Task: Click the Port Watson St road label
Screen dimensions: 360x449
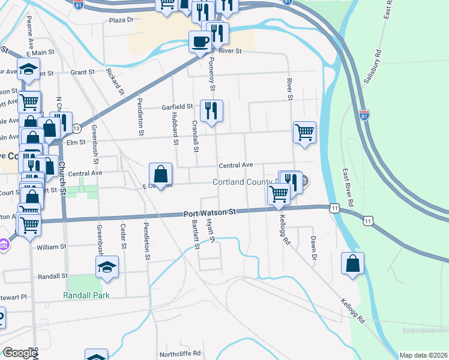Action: click(211, 212)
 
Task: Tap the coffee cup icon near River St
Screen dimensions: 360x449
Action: click(200, 42)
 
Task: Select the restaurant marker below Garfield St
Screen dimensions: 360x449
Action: click(211, 111)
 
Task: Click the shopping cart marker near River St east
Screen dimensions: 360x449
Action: click(305, 132)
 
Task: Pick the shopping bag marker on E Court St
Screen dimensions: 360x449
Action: click(161, 175)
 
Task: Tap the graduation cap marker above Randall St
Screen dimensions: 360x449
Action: click(107, 268)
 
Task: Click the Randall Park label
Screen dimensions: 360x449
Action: click(87, 295)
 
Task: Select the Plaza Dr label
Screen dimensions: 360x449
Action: click(121, 20)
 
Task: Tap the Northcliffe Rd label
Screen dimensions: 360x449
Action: click(179, 353)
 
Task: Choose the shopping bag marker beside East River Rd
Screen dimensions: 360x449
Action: click(353, 263)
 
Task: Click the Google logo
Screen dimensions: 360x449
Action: click(19, 353)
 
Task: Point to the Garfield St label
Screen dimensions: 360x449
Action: click(177, 107)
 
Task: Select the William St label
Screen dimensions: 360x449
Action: click(51, 247)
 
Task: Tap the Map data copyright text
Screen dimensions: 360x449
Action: click(423, 355)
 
